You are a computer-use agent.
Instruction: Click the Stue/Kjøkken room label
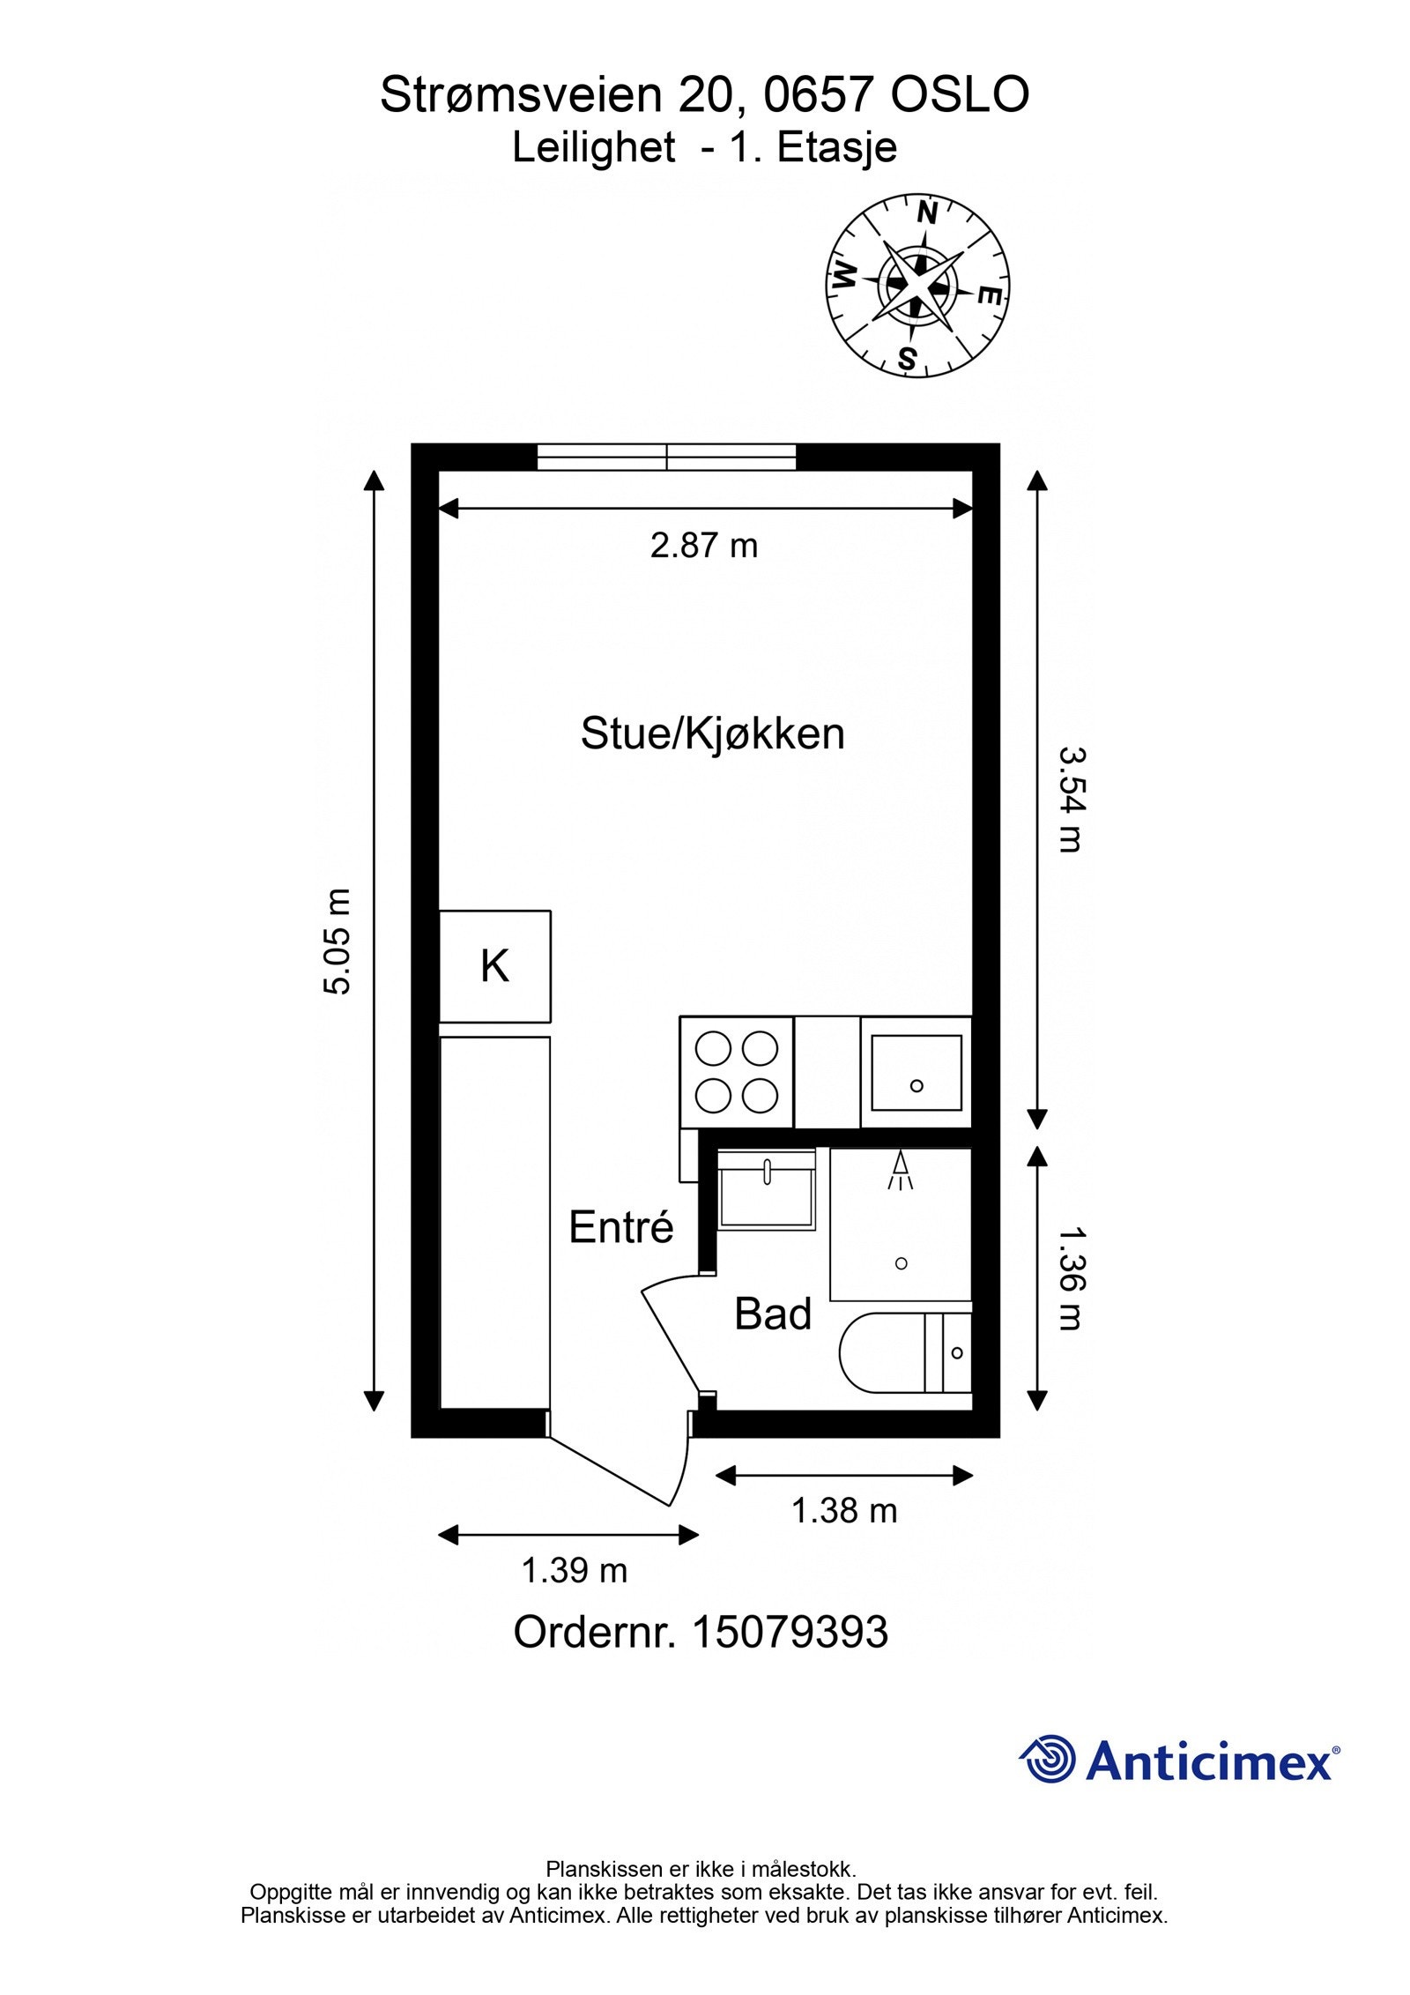[x=712, y=733]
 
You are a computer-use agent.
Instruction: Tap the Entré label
[x=621, y=1227]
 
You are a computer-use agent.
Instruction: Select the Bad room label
[x=773, y=1314]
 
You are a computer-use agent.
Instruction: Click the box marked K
[x=495, y=966]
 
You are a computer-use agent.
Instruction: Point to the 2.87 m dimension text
[x=704, y=546]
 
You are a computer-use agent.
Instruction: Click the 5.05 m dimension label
[x=338, y=942]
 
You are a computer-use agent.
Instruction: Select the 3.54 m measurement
[x=1070, y=800]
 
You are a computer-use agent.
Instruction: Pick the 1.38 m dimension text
[x=844, y=1511]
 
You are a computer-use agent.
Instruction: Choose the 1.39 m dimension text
[x=575, y=1570]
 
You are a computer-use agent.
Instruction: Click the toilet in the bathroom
[x=905, y=1352]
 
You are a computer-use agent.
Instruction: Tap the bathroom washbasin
[x=767, y=1189]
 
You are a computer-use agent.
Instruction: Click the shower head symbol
[x=900, y=1171]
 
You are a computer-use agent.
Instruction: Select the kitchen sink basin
[x=916, y=1072]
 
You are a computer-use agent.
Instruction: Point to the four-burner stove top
[x=737, y=1072]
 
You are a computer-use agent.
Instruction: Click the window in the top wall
[x=666, y=457]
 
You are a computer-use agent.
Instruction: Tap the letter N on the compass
[x=926, y=213]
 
